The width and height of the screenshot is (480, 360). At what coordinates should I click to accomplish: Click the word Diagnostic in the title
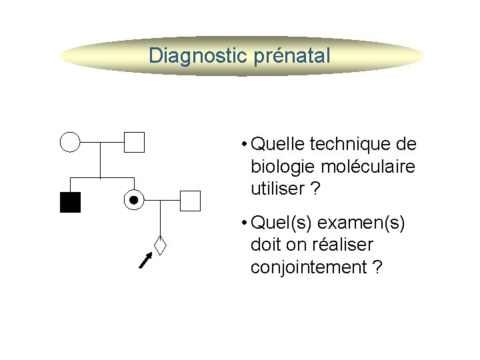[198, 55]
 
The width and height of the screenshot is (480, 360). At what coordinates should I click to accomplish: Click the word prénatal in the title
[292, 55]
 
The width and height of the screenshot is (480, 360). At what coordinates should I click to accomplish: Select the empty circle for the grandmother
[70, 142]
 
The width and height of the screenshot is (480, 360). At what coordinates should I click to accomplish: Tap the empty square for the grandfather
[134, 142]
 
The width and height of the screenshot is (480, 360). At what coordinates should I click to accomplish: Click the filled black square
[70, 201]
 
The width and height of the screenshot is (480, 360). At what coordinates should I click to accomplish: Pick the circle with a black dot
[134, 199]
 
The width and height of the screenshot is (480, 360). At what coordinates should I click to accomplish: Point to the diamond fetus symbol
[159, 245]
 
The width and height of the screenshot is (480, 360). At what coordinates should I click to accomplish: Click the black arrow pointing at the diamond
[145, 260]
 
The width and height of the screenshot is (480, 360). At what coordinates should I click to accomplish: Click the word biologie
[280, 167]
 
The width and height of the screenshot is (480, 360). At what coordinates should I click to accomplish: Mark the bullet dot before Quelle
[246, 145]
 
